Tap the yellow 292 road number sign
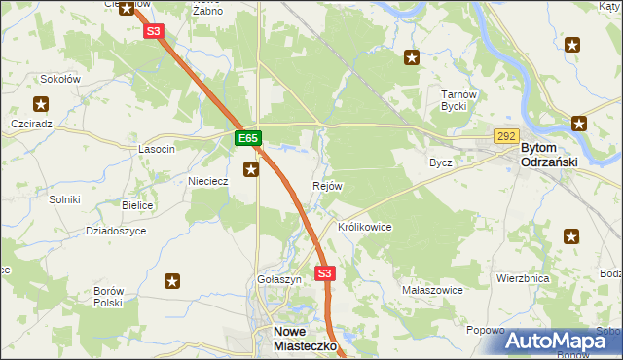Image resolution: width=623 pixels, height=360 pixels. click(505, 137)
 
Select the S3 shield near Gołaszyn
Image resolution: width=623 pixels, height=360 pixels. click(325, 273)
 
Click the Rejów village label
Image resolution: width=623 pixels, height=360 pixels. click(327, 186)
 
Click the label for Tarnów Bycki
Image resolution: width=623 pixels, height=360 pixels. click(457, 101)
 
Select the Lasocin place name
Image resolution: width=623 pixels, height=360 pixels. click(157, 149)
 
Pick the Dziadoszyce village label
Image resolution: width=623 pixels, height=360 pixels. click(116, 231)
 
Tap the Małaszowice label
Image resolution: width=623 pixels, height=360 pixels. click(431, 290)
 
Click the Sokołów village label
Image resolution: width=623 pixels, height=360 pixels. click(60, 79)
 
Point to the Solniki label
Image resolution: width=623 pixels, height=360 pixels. click(64, 199)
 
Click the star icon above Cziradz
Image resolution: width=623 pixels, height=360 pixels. click(41, 103)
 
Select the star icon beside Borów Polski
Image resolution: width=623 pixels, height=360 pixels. click(172, 282)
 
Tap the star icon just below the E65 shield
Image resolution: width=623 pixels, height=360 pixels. click(251, 170)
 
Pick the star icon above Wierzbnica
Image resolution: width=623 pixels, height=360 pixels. click(571, 235)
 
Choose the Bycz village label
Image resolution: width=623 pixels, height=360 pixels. click(441, 162)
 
